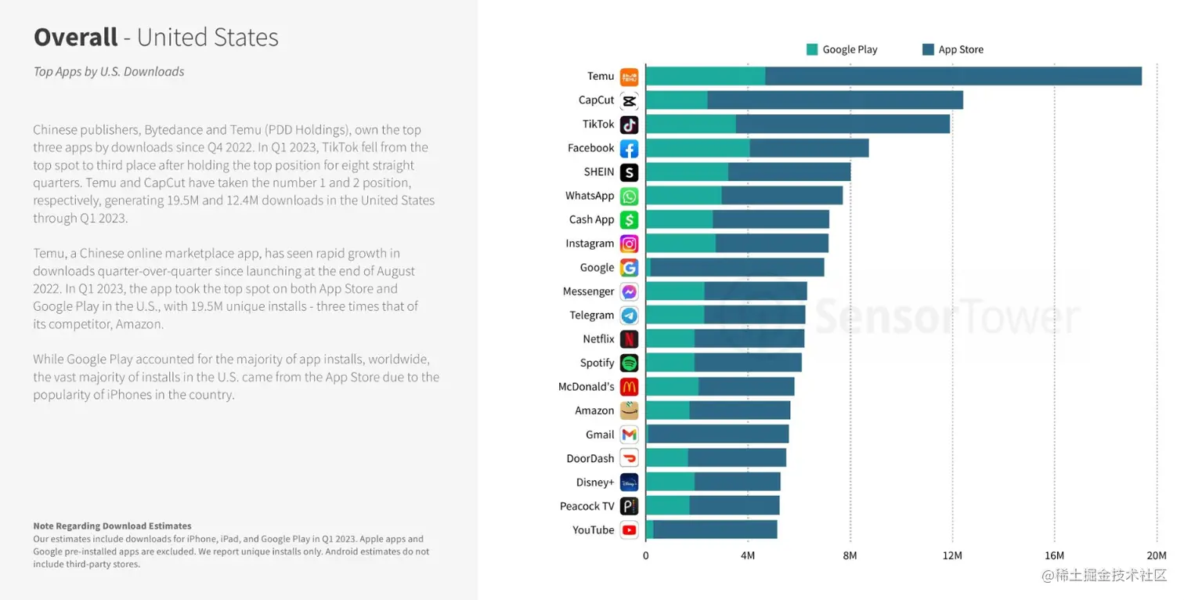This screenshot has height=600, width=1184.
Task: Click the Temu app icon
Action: point(629,77)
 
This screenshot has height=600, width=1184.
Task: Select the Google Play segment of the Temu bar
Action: point(705,77)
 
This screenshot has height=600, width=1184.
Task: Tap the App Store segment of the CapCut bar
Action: point(835,100)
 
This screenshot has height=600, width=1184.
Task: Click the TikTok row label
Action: point(598,125)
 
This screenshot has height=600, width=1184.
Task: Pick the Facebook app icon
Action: point(629,149)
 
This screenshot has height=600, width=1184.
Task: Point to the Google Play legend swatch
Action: point(812,49)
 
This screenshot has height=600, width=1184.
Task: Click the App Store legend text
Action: point(961,49)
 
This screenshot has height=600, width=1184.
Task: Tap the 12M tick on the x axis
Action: point(952,556)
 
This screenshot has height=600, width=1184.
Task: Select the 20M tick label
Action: point(1157,556)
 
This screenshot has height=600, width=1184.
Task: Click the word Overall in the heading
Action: point(75,37)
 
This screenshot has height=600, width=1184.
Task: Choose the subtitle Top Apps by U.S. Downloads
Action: point(109,71)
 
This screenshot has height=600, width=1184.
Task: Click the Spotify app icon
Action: point(629,363)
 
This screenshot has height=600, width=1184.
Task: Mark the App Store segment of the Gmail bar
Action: point(718,435)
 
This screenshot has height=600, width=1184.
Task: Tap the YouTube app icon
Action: point(629,530)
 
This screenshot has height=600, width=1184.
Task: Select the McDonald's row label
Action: point(586,387)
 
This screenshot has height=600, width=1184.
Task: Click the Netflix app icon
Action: point(629,339)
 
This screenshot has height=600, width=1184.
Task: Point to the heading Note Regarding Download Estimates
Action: point(112,526)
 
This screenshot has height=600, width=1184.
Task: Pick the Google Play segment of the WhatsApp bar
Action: point(683,196)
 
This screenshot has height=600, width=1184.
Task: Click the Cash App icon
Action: point(629,220)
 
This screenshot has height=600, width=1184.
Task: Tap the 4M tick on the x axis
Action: point(748,556)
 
